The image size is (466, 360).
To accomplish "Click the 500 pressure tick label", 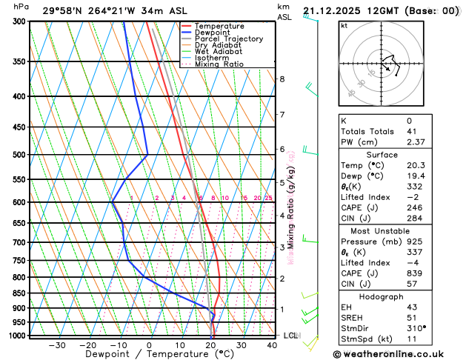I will (x=17, y=155).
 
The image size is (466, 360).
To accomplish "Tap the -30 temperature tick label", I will (x=57, y=345).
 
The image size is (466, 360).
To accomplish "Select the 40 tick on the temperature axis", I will (x=273, y=345).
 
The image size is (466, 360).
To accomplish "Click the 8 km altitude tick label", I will (x=282, y=79).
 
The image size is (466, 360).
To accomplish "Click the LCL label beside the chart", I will (x=290, y=336).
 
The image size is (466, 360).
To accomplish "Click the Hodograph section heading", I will (x=397, y=296).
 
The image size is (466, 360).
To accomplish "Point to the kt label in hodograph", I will (x=344, y=25).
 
